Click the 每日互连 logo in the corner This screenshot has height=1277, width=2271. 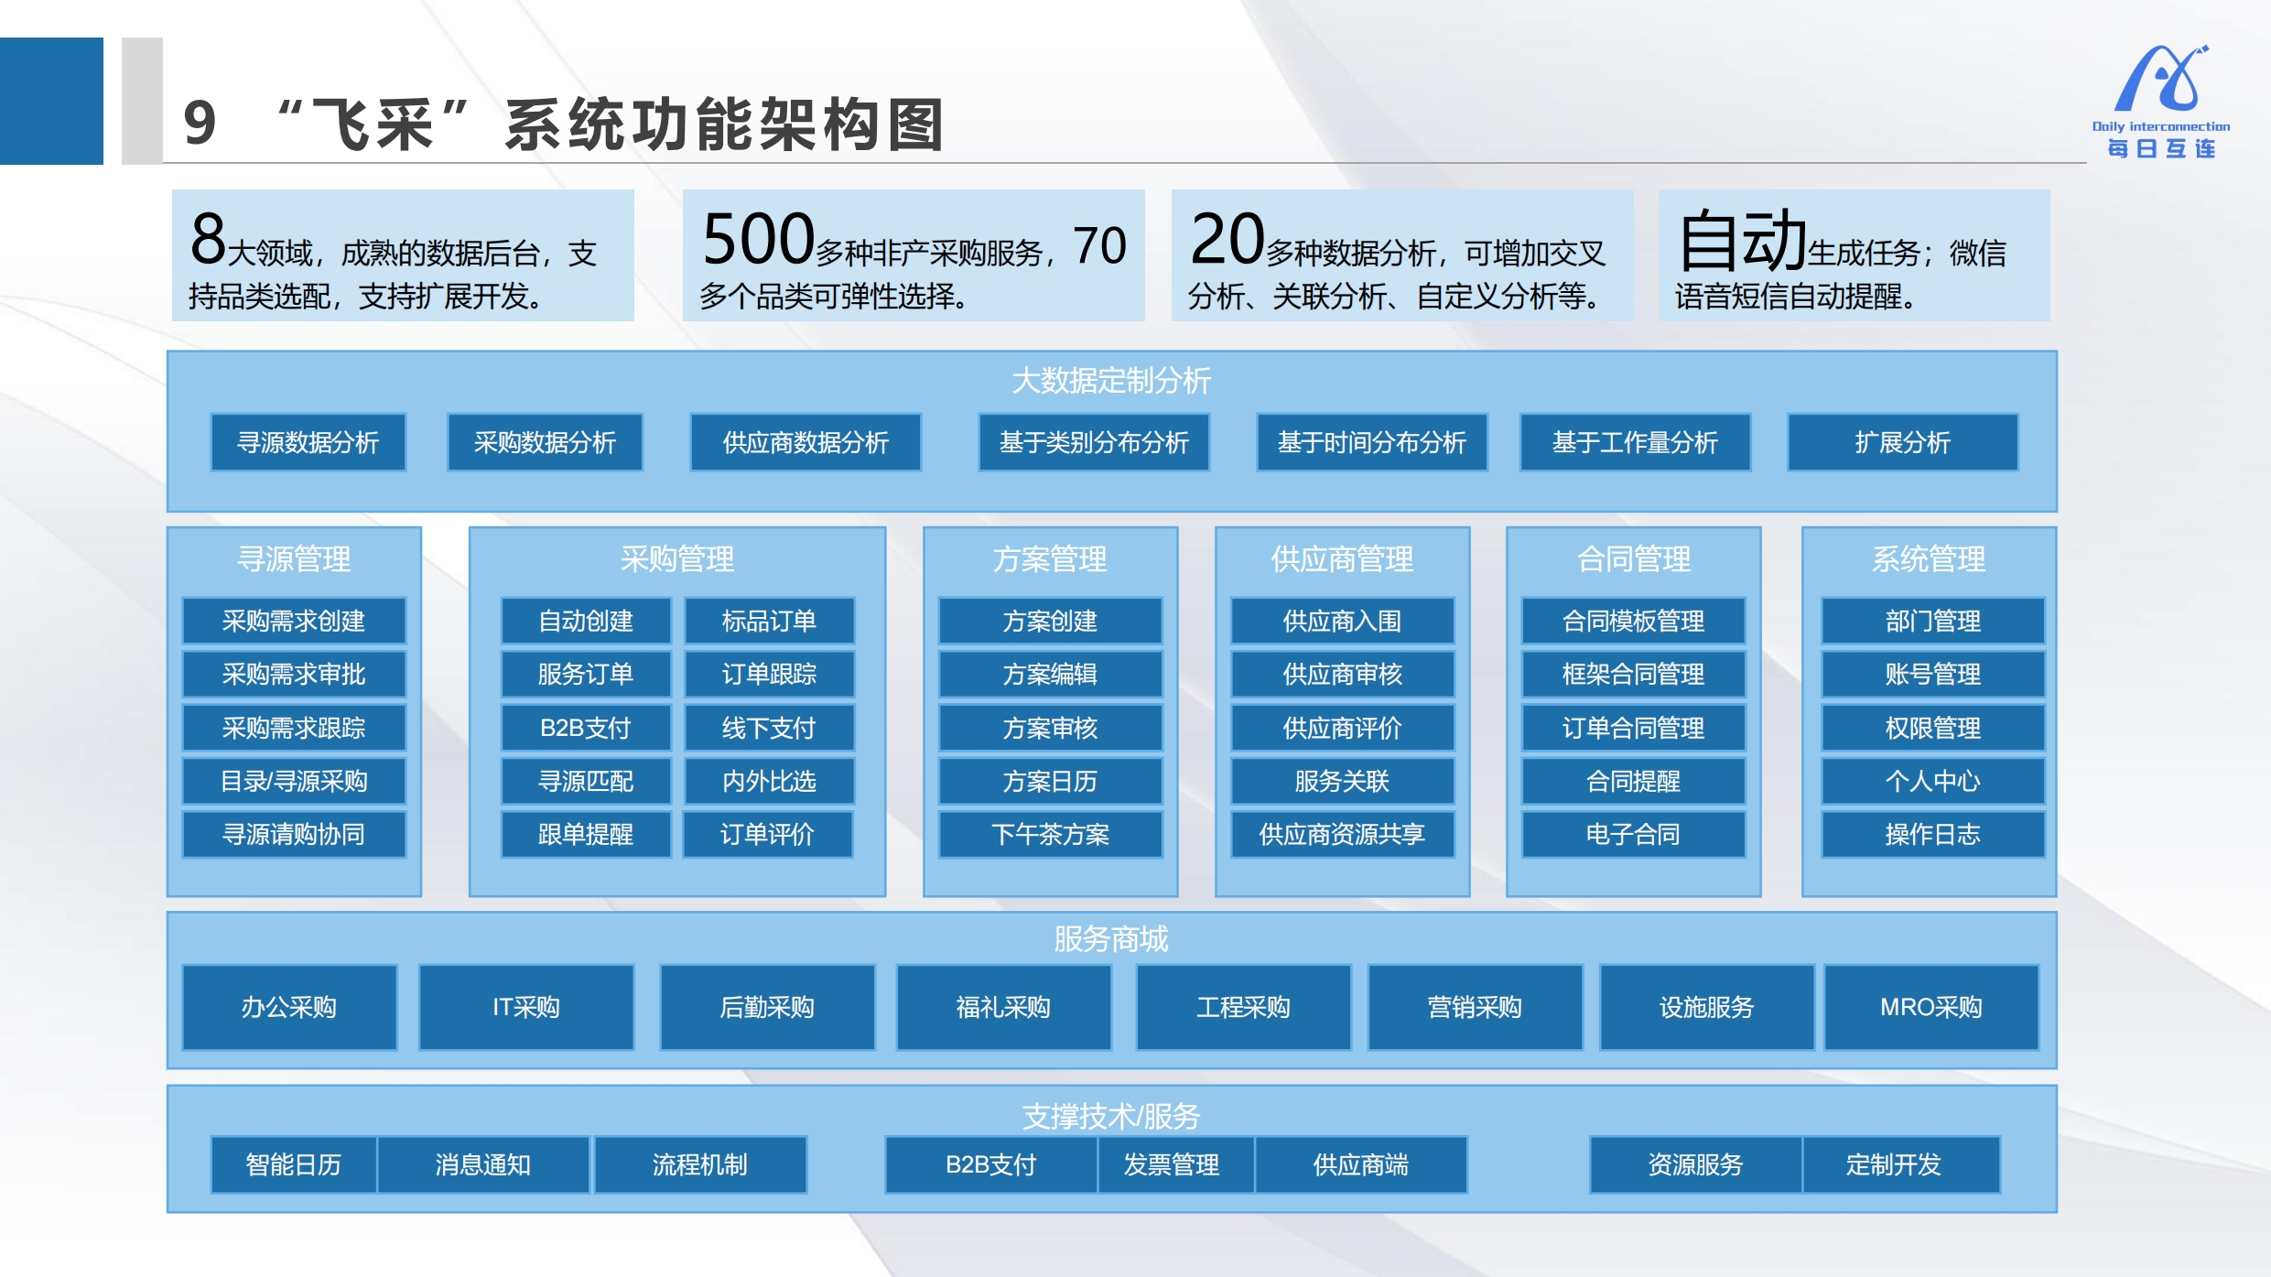2161,102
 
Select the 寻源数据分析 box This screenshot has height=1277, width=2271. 308,443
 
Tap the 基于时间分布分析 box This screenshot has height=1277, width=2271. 1371,443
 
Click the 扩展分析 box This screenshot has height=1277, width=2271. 1902,443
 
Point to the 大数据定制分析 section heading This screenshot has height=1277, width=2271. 1111,381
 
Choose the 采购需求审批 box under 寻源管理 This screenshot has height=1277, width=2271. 294,675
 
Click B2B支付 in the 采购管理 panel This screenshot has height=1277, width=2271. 586,728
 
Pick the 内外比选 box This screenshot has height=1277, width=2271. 769,781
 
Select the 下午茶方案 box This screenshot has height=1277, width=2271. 1050,834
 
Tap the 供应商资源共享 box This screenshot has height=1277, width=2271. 1342,834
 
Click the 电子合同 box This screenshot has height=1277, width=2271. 1633,834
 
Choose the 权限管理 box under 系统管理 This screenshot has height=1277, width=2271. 1932,728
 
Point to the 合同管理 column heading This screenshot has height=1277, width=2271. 1634,559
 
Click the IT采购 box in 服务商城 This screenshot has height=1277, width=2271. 526,1007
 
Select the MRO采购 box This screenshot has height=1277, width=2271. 1931,1007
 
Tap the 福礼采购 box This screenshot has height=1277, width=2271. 1003,1007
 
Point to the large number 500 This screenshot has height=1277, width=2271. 758,238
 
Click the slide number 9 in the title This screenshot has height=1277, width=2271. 200,123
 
